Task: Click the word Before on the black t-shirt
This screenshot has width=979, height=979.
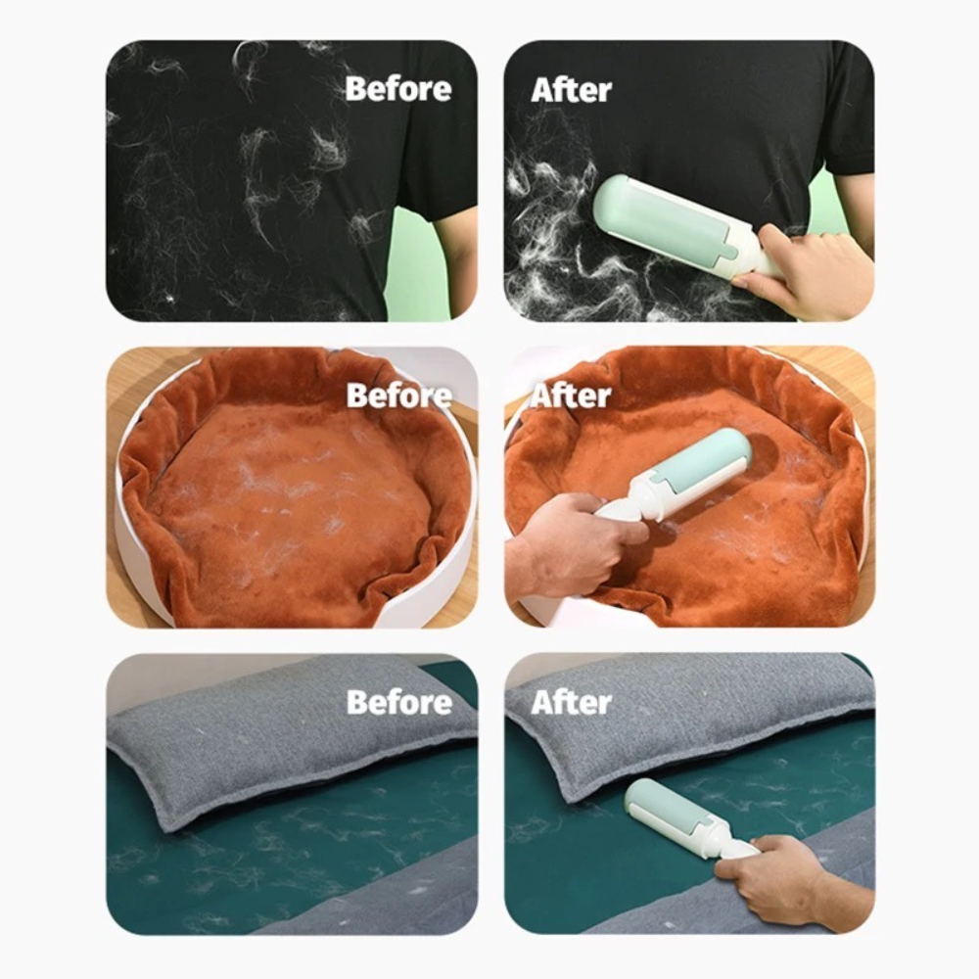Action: (x=397, y=89)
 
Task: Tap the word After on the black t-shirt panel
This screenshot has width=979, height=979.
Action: (x=571, y=89)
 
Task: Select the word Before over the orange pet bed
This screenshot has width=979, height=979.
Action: (x=398, y=396)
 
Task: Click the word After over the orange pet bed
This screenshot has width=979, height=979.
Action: (x=571, y=396)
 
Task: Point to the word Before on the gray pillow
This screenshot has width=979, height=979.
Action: (x=398, y=702)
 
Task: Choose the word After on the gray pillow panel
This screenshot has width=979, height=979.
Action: (x=571, y=702)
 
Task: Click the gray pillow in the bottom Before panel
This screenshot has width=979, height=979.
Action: (x=284, y=734)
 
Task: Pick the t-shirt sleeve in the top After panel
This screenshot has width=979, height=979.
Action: (x=847, y=117)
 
